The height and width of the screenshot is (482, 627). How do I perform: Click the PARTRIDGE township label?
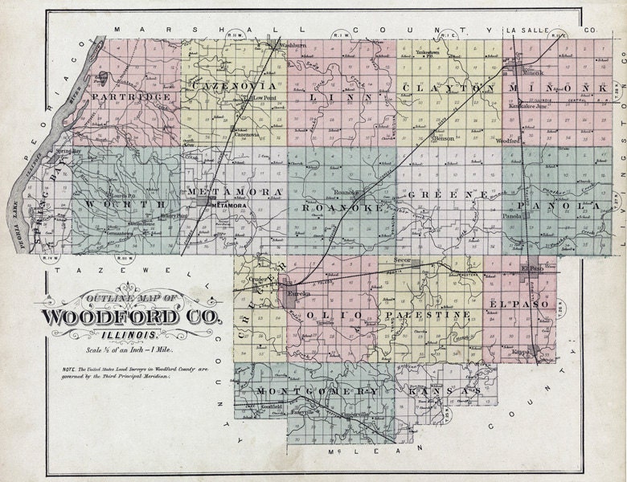pos(131,97)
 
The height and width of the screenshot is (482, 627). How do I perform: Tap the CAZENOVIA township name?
pos(234,85)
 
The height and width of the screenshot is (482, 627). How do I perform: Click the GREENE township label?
pos(447,195)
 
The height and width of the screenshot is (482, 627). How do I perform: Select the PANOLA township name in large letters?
pos(559,206)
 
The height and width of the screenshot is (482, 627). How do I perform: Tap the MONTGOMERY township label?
pos(317,390)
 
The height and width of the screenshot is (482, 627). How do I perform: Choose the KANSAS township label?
pos(445,390)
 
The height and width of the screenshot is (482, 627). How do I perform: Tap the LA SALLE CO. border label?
pos(551,30)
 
